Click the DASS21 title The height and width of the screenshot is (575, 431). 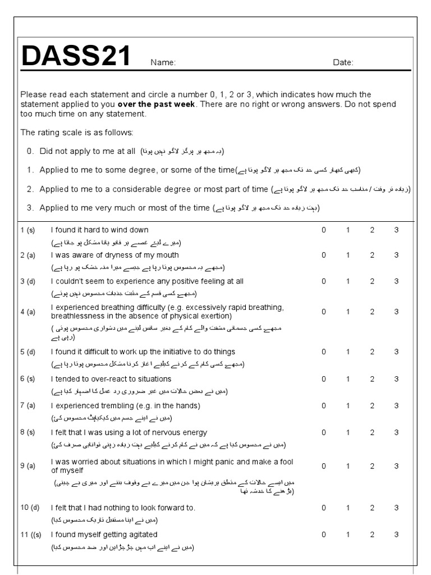coord(76,56)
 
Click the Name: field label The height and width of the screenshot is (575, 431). coord(163,63)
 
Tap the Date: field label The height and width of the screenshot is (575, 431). coord(343,63)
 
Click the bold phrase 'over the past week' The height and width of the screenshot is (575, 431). coord(157,104)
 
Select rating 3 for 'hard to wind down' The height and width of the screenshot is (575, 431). coord(396,230)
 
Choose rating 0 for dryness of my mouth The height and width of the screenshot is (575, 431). coord(323,255)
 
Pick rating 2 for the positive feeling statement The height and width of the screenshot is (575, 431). coord(372,281)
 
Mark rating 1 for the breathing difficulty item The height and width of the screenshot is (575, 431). coord(347,312)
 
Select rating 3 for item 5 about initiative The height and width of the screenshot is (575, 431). coord(396,352)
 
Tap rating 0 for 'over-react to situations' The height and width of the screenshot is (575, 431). coord(323,379)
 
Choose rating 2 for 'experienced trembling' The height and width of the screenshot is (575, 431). coord(372,405)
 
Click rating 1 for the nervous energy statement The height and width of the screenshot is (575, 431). coord(347,432)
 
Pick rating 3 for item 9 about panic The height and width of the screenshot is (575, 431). coord(396,466)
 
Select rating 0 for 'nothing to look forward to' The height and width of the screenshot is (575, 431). coord(323,508)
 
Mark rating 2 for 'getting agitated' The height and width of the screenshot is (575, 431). coord(372,535)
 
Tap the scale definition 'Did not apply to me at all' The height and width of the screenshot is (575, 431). coord(88,151)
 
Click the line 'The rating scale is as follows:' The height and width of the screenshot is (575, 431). coord(77,133)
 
